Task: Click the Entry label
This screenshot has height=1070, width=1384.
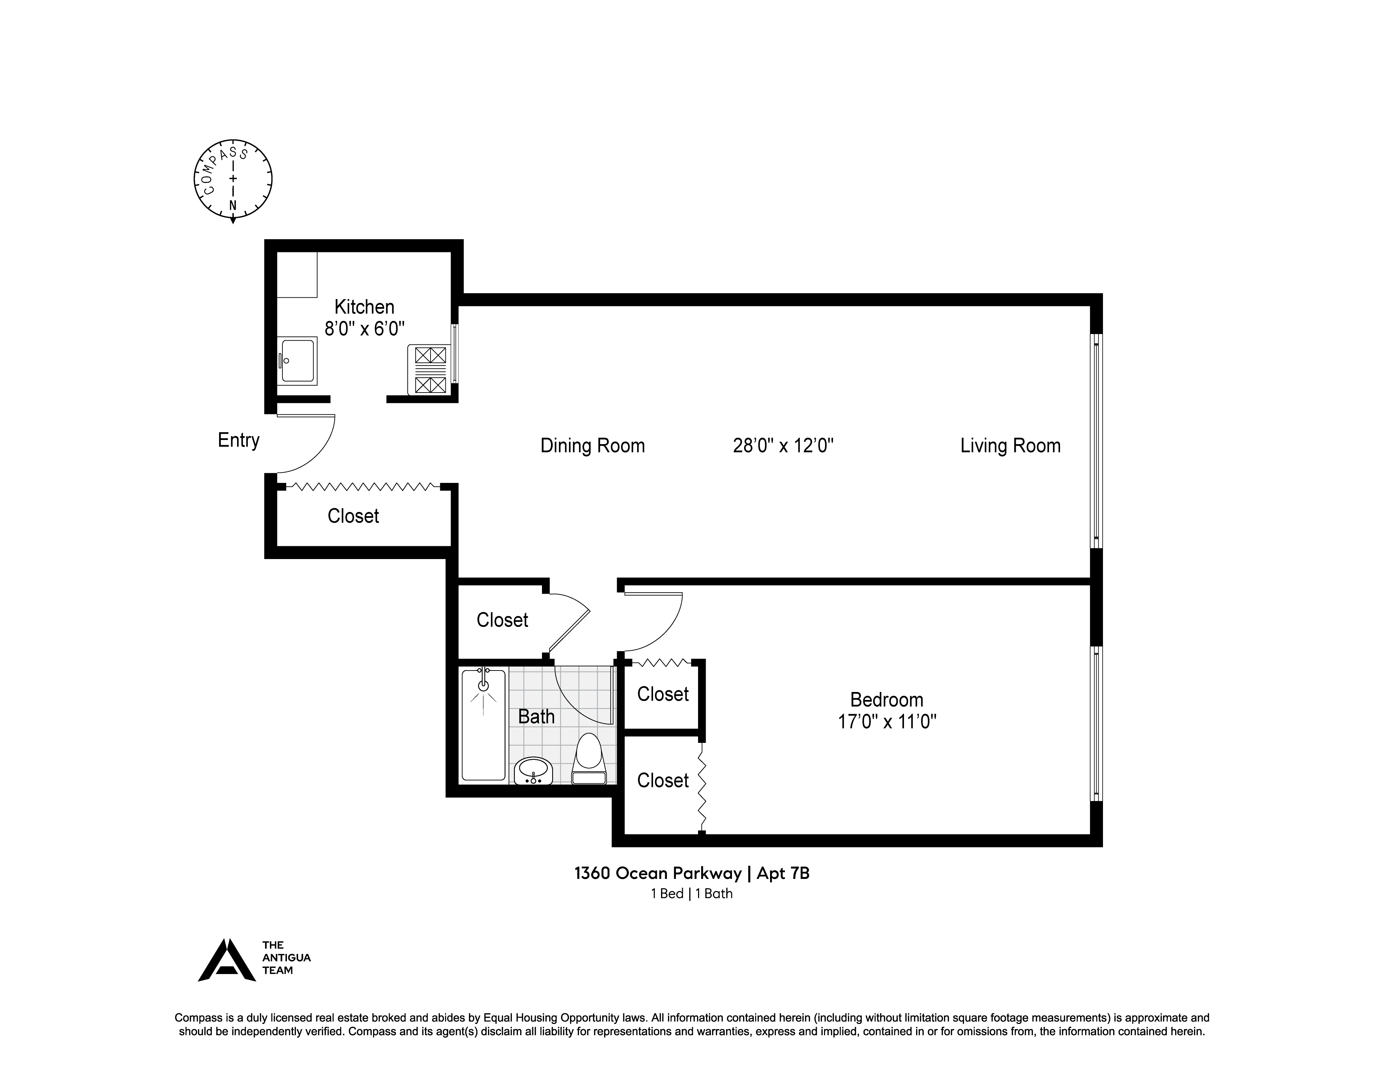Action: (238, 440)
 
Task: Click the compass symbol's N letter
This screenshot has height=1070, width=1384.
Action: (233, 205)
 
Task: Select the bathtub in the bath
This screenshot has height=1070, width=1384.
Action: (483, 726)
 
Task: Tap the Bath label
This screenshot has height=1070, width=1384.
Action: (536, 717)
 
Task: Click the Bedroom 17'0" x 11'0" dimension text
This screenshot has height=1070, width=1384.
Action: (887, 721)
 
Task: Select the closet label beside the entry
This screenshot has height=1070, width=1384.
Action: (353, 516)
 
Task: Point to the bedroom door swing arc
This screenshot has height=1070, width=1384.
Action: (666, 634)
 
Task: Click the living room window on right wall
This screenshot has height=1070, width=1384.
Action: (1096, 441)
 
